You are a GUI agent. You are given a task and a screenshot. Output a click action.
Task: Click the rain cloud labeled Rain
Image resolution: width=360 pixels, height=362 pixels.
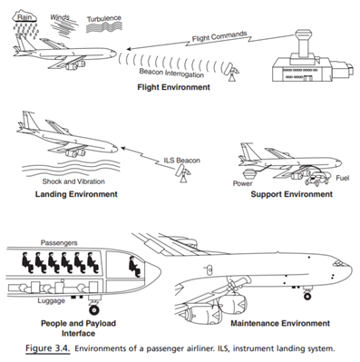24,16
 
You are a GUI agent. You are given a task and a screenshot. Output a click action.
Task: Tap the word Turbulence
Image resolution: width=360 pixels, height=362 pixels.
104,19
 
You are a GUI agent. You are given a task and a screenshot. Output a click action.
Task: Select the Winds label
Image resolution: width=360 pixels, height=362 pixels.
60,17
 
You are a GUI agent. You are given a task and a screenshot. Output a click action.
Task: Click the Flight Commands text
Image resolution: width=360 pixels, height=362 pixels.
219,36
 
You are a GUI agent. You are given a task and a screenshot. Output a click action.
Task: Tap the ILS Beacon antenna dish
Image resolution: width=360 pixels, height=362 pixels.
183,174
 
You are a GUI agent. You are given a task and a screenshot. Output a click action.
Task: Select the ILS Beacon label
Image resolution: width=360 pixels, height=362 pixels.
182,161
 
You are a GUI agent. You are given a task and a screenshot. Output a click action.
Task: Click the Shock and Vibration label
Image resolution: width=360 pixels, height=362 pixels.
73,181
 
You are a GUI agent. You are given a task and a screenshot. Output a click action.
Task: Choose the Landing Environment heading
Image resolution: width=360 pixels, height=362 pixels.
76,194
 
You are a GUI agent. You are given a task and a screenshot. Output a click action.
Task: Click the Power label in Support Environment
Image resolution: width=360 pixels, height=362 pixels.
242,183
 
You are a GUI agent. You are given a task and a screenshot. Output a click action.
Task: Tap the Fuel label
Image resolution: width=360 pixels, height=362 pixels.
343,178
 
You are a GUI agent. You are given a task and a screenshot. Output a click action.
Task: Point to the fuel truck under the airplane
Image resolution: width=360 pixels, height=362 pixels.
316,180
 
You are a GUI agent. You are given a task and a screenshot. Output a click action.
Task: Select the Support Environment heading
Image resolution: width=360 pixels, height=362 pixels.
292,194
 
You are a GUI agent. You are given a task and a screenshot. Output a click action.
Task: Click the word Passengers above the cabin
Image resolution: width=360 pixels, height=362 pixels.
59,243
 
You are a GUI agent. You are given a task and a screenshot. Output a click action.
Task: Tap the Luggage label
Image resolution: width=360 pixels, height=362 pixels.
52,301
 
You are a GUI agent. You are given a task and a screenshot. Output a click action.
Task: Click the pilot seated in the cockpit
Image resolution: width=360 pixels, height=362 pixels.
134,267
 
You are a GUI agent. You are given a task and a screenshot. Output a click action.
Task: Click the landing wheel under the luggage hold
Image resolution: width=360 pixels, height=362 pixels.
94,309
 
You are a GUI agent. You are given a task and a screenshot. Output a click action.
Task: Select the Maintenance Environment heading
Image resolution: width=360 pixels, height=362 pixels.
280,323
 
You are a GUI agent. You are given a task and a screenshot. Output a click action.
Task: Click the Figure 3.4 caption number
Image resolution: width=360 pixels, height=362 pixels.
47,348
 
